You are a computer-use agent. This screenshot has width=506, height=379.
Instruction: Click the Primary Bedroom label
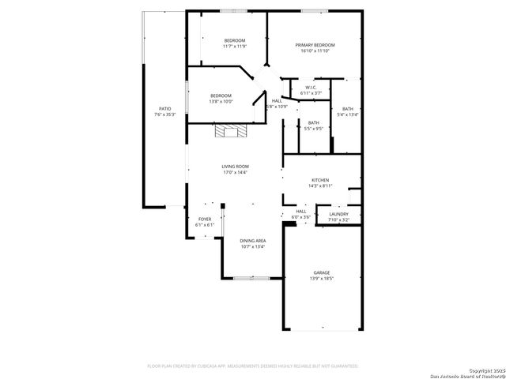312,45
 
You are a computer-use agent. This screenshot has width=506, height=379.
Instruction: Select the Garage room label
321,272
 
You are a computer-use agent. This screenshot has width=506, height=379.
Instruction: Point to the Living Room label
235,166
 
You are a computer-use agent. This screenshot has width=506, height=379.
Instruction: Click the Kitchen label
319,180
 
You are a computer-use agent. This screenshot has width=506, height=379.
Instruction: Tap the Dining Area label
253,240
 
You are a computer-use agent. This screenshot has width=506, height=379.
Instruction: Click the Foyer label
205,219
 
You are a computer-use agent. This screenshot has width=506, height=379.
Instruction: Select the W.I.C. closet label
311,87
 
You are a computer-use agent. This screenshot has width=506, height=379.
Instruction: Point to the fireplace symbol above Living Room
231,131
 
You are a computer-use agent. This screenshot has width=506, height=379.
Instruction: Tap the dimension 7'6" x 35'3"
164,114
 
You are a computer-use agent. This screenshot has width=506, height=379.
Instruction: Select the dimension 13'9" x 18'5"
321,279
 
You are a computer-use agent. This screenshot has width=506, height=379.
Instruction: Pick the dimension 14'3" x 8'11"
319,186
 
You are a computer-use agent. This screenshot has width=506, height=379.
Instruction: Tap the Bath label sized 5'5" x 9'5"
313,122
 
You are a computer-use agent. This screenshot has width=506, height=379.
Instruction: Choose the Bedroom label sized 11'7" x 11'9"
234,40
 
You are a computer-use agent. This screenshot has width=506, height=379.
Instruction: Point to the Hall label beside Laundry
301,211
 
